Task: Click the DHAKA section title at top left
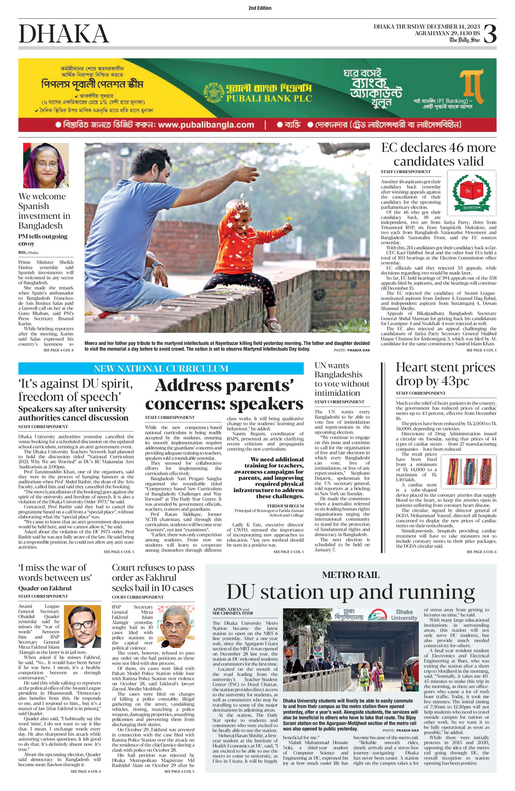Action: pyautogui.click(x=64, y=34)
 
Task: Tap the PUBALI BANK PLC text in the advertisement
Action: pyautogui.click(x=269, y=98)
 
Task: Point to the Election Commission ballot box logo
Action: pyautogui.click(x=471, y=193)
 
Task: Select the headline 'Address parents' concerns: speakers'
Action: pyautogui.click(x=224, y=395)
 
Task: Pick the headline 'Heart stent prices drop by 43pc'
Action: pyautogui.click(x=445, y=374)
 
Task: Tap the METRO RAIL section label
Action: pyautogui.click(x=351, y=575)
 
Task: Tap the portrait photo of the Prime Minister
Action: pyautogui.click(x=46, y=166)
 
